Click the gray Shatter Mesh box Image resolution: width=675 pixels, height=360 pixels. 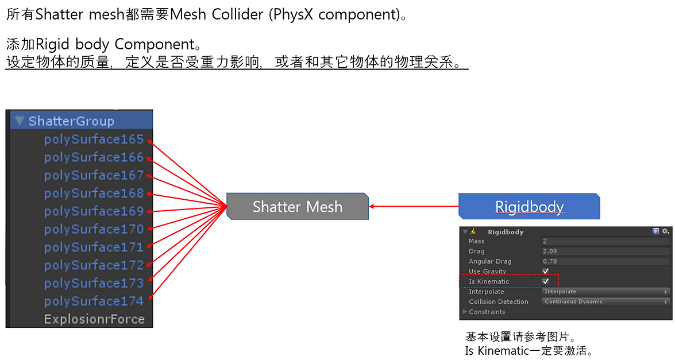coord(298,207)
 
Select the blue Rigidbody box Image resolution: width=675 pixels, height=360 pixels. coord(529,207)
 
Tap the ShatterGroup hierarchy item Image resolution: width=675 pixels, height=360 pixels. coord(71,121)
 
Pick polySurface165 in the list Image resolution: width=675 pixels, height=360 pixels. coord(94,140)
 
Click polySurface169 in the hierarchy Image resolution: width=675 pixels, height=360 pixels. coord(94,211)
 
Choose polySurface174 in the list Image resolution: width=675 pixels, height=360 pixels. coord(94,301)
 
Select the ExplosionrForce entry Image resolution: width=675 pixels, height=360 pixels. coord(94,319)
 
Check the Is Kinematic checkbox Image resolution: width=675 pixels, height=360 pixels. coord(546,281)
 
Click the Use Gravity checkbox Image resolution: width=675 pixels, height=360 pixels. coord(546,272)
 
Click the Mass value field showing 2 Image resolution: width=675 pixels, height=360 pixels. coord(605,242)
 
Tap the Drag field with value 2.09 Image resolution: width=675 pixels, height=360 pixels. coord(605,251)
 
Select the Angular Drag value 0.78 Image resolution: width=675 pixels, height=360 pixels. coord(605,261)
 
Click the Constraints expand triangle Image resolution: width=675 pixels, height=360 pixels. coord(465,312)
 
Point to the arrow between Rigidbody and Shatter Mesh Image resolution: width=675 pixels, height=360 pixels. coord(414,206)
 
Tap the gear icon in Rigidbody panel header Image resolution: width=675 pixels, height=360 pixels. coord(666,231)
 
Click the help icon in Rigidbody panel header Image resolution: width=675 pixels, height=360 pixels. coord(655,231)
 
